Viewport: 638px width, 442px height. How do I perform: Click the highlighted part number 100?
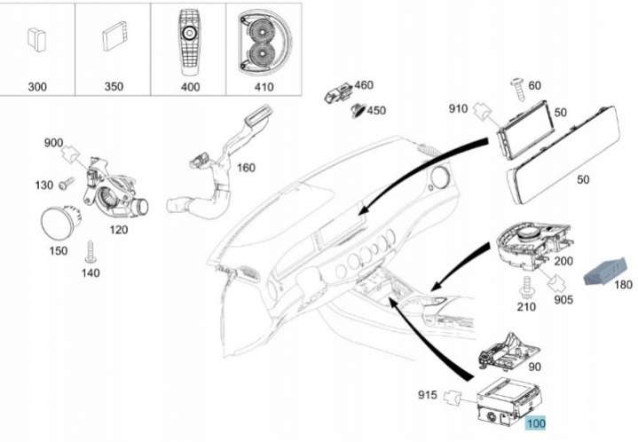click(535, 423)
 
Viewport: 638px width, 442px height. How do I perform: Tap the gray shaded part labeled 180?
click(604, 272)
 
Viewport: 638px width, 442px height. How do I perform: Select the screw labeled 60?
click(518, 89)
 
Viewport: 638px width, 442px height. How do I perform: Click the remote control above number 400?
click(188, 42)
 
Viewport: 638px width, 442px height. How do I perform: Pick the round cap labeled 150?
click(61, 223)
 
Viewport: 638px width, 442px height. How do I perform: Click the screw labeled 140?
click(90, 251)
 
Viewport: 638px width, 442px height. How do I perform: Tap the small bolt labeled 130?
click(67, 183)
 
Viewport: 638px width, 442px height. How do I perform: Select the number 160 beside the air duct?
click(246, 168)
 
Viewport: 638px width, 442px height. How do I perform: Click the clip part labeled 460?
click(337, 93)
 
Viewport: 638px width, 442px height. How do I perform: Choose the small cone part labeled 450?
click(358, 110)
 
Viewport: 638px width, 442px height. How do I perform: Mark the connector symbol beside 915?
click(452, 398)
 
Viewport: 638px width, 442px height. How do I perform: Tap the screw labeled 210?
click(526, 288)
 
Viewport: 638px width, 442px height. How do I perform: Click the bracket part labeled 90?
click(509, 351)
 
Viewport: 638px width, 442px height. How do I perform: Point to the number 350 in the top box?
click(114, 86)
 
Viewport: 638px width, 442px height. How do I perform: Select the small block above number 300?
click(36, 39)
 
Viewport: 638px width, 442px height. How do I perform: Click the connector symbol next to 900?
click(70, 154)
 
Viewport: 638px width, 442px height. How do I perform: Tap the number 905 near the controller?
click(563, 300)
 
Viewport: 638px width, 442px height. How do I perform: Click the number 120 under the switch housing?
click(118, 230)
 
